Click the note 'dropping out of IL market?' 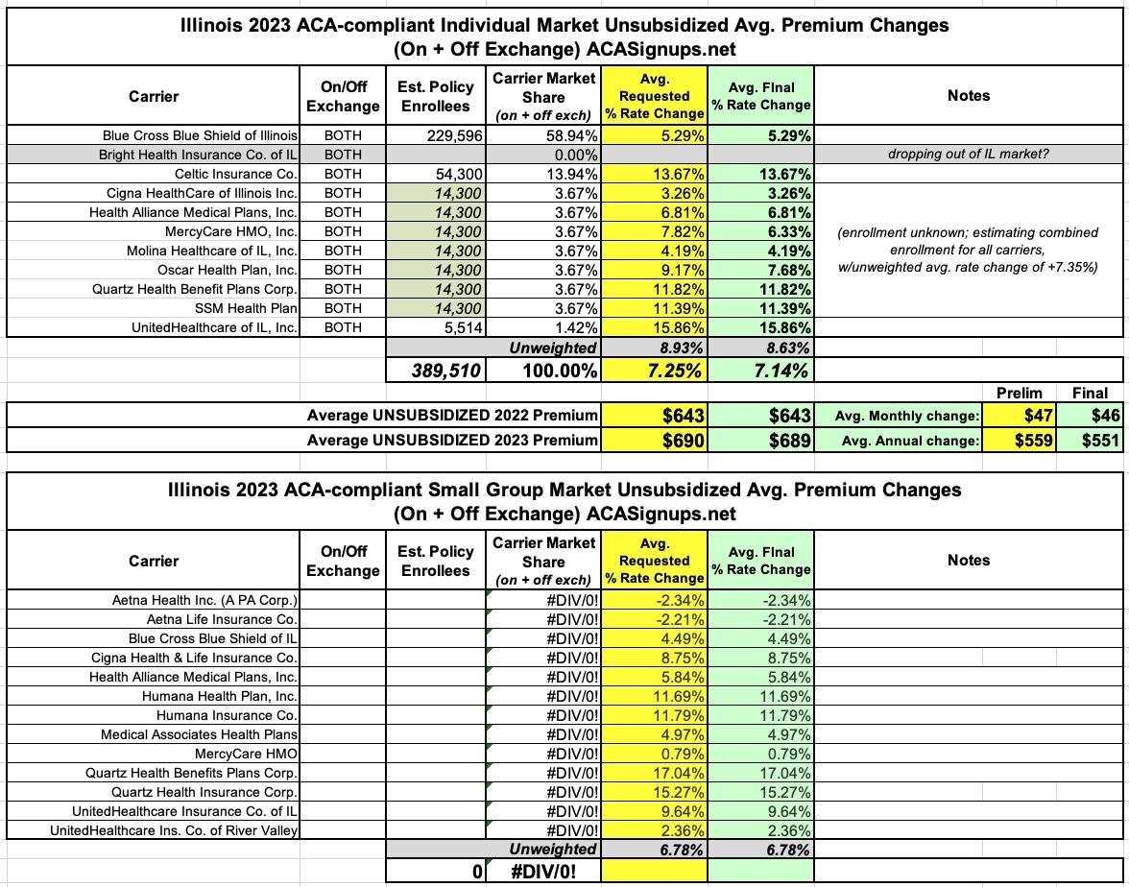click(x=968, y=155)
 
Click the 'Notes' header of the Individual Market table click(x=968, y=95)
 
